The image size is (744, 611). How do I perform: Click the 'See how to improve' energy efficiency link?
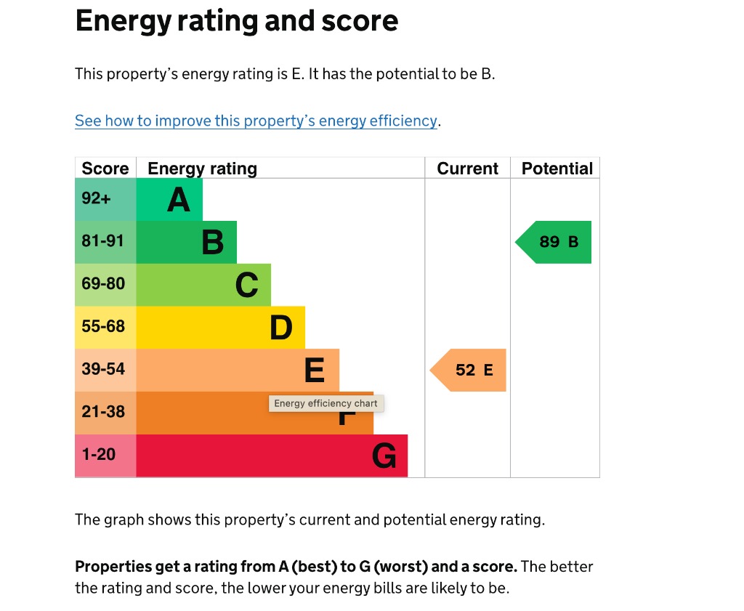coord(256,121)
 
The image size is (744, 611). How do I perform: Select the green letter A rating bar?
coord(169,200)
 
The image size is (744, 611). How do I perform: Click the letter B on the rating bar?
coord(212,243)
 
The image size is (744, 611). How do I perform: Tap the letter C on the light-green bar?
coord(247,286)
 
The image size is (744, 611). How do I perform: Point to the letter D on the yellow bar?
coord(281,328)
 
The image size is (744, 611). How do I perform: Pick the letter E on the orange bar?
coord(314,371)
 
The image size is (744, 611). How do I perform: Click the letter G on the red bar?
coord(384,456)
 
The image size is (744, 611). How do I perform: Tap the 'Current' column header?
coord(467,169)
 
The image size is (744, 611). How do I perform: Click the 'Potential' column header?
coord(557,169)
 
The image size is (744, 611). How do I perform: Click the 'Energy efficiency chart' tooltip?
coord(325,404)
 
